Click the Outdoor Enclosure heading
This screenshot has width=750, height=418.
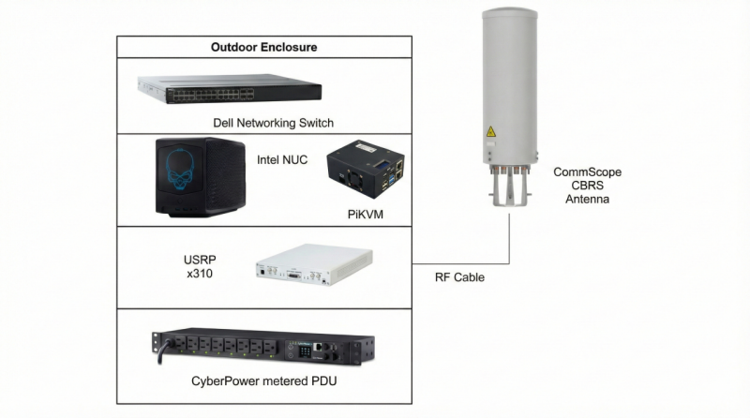click(x=263, y=46)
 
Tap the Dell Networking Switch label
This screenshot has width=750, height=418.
click(x=273, y=123)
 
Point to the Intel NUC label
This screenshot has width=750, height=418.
click(x=282, y=159)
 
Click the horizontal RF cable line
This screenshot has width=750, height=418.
click(x=461, y=260)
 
